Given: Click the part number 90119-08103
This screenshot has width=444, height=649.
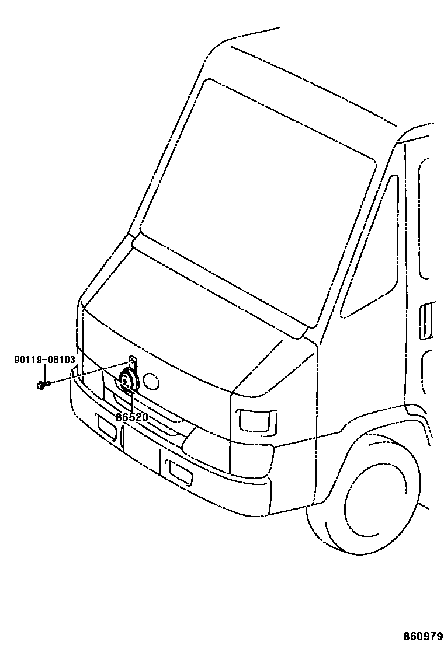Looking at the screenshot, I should [44, 360].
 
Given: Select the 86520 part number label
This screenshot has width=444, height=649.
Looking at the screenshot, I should [131, 417].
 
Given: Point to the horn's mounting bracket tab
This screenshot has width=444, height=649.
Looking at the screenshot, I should [132, 362].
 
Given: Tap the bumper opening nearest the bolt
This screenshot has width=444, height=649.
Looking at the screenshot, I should [107, 427].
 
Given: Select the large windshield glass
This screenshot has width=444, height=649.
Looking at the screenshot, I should [257, 198].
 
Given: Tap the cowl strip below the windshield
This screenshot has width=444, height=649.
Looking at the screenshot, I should [222, 286].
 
